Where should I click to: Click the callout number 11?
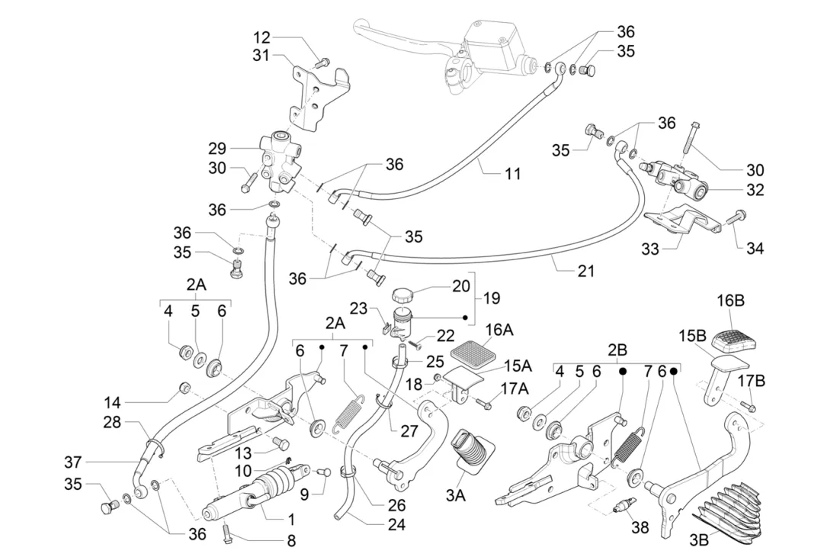[x=513, y=174]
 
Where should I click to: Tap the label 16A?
[x=499, y=329]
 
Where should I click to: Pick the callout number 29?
[x=218, y=148]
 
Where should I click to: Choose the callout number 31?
[x=261, y=55]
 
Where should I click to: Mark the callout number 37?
[x=72, y=462]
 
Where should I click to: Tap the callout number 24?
[x=396, y=524]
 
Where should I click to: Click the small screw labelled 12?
[x=322, y=60]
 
